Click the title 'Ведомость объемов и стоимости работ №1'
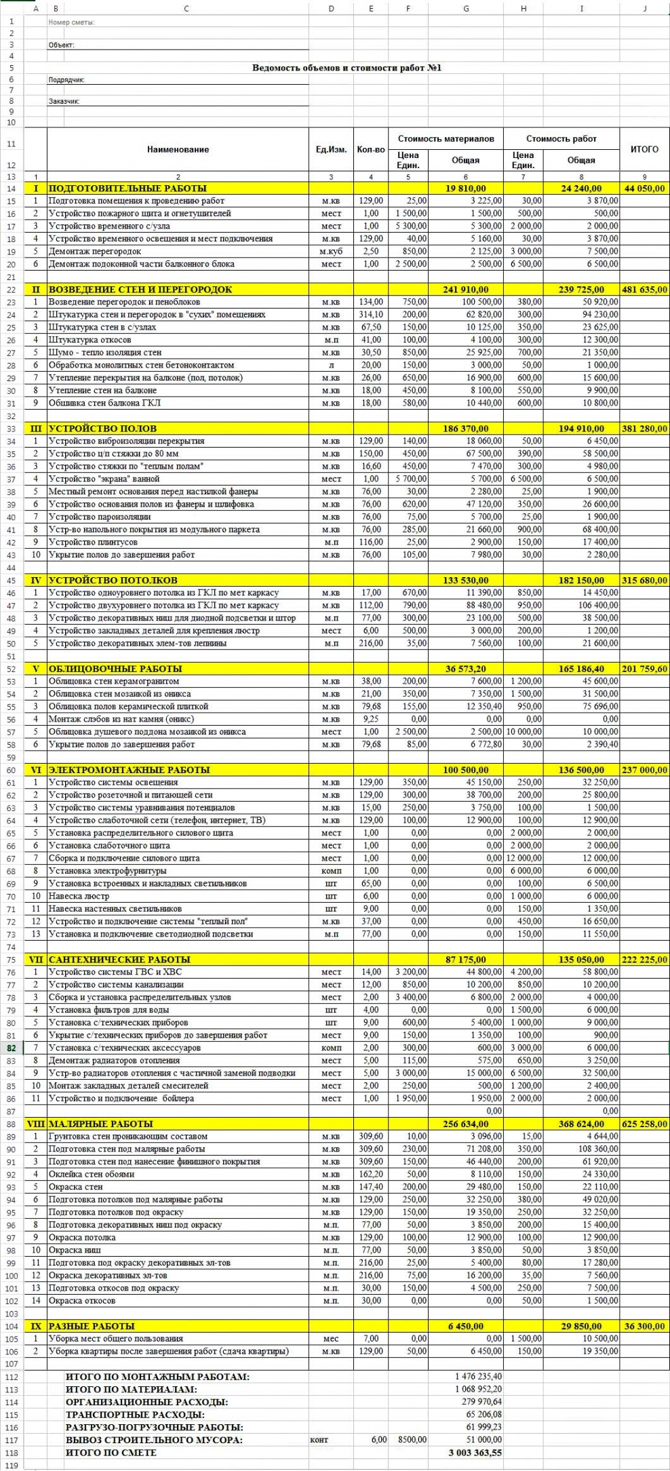(347, 68)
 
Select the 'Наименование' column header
(178, 149)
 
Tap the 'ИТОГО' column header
(644, 149)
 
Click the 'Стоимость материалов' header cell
(446, 138)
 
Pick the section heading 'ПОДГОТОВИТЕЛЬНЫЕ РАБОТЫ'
(127, 189)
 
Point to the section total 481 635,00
(644, 290)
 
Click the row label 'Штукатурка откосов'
(90, 340)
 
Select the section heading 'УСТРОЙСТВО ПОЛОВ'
(102, 429)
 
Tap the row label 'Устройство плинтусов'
(93, 542)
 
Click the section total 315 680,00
(644, 581)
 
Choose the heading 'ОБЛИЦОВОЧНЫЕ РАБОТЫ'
(115, 669)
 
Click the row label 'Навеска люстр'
(79, 896)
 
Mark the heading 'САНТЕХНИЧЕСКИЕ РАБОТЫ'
(119, 960)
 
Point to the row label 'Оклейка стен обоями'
(92, 1174)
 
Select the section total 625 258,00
(644, 1124)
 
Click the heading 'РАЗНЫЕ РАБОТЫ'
(92, 1326)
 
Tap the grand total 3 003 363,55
(475, 1453)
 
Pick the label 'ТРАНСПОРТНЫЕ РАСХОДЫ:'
(135, 1415)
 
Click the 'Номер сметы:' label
(71, 22)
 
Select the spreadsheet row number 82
(12, 1048)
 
